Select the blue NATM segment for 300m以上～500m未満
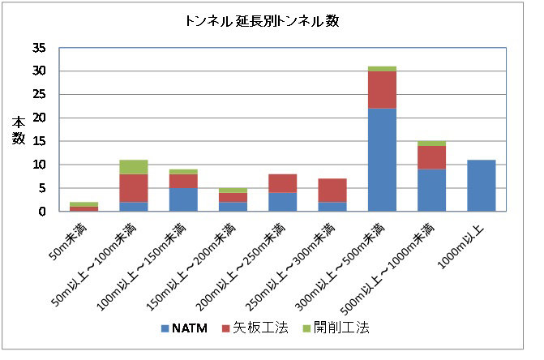(381, 159)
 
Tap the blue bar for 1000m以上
(481, 186)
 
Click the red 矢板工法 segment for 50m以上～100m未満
(133, 187)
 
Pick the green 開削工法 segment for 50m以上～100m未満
(133, 166)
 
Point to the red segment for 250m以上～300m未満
(332, 190)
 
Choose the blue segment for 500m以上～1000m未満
(430, 190)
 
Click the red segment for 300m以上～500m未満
(381, 89)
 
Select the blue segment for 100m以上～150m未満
(182, 199)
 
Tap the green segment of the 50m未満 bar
(84, 204)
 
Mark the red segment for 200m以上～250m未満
(282, 182)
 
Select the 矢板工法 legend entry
(249, 328)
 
